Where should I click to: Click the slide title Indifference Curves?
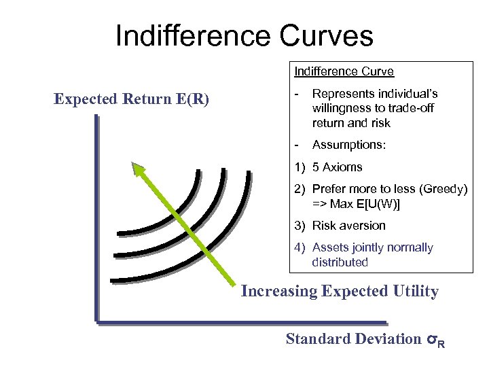pos(244,35)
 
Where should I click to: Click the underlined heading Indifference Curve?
pos(344,71)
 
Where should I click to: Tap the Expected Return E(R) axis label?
pos(132,99)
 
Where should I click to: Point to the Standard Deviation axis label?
pos(353,338)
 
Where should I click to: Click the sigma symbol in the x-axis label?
pos(432,339)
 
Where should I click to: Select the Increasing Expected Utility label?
pos(340,292)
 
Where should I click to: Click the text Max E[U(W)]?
pos(367,203)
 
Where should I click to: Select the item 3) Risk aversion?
pos(340,226)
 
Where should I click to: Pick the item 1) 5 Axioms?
pos(329,167)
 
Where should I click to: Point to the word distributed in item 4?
pos(340,262)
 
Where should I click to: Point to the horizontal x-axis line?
pos(238,320)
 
